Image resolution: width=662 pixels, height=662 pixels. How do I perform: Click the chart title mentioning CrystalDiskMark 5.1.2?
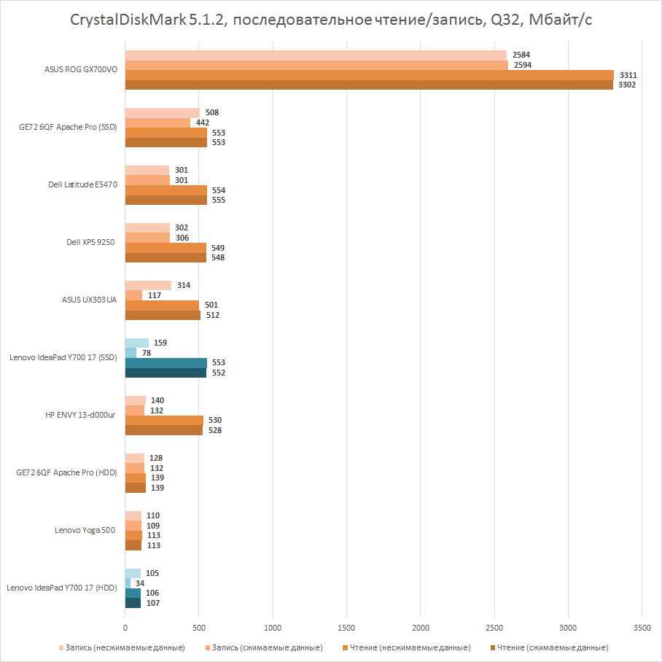pos(331,20)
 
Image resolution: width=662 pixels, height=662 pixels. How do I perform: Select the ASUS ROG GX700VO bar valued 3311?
pos(369,74)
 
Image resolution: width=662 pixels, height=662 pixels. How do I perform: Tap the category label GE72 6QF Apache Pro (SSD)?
pos(68,127)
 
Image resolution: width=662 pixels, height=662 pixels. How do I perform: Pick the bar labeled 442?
pos(157,122)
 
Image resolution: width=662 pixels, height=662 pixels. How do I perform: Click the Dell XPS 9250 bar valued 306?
pos(147,238)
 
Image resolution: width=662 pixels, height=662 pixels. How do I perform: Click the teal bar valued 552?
pos(165,373)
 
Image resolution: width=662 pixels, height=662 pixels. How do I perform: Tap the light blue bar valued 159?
pos(137,343)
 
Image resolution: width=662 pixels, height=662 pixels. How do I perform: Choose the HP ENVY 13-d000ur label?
pos(81,415)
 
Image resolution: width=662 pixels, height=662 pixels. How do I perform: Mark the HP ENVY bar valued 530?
pos(164,420)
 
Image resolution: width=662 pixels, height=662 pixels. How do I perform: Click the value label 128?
pos(155,458)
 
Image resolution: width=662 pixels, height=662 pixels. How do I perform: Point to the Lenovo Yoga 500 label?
pos(85,530)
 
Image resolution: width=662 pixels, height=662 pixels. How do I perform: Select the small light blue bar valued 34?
pos(128,583)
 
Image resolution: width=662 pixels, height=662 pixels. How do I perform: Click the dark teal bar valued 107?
pos(133,603)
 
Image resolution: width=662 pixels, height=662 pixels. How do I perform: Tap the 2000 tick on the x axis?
pos(421,626)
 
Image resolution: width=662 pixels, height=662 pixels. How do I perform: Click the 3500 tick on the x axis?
pos(642,626)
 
